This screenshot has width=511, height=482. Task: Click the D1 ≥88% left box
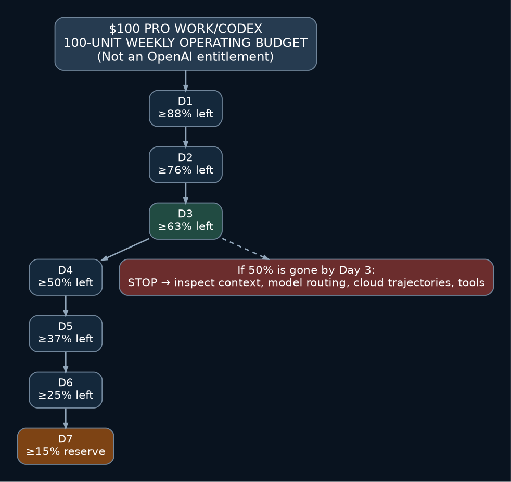186,108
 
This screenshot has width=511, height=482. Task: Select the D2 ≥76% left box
186,165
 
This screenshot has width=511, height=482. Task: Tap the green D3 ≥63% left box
186,221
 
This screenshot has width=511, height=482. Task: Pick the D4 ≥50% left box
66,277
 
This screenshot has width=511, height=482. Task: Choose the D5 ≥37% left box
66,333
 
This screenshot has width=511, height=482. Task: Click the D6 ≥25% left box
66,390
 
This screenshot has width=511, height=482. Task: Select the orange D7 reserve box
66,446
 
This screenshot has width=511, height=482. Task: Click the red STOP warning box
306,277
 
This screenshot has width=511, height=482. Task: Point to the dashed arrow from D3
246,249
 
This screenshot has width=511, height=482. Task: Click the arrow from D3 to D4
125,249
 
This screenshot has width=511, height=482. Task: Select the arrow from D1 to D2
186,137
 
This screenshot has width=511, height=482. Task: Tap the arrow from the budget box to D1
186,81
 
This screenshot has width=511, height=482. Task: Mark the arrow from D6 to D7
66,418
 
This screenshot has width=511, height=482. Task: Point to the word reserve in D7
84,452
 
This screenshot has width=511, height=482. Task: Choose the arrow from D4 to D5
66,305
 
